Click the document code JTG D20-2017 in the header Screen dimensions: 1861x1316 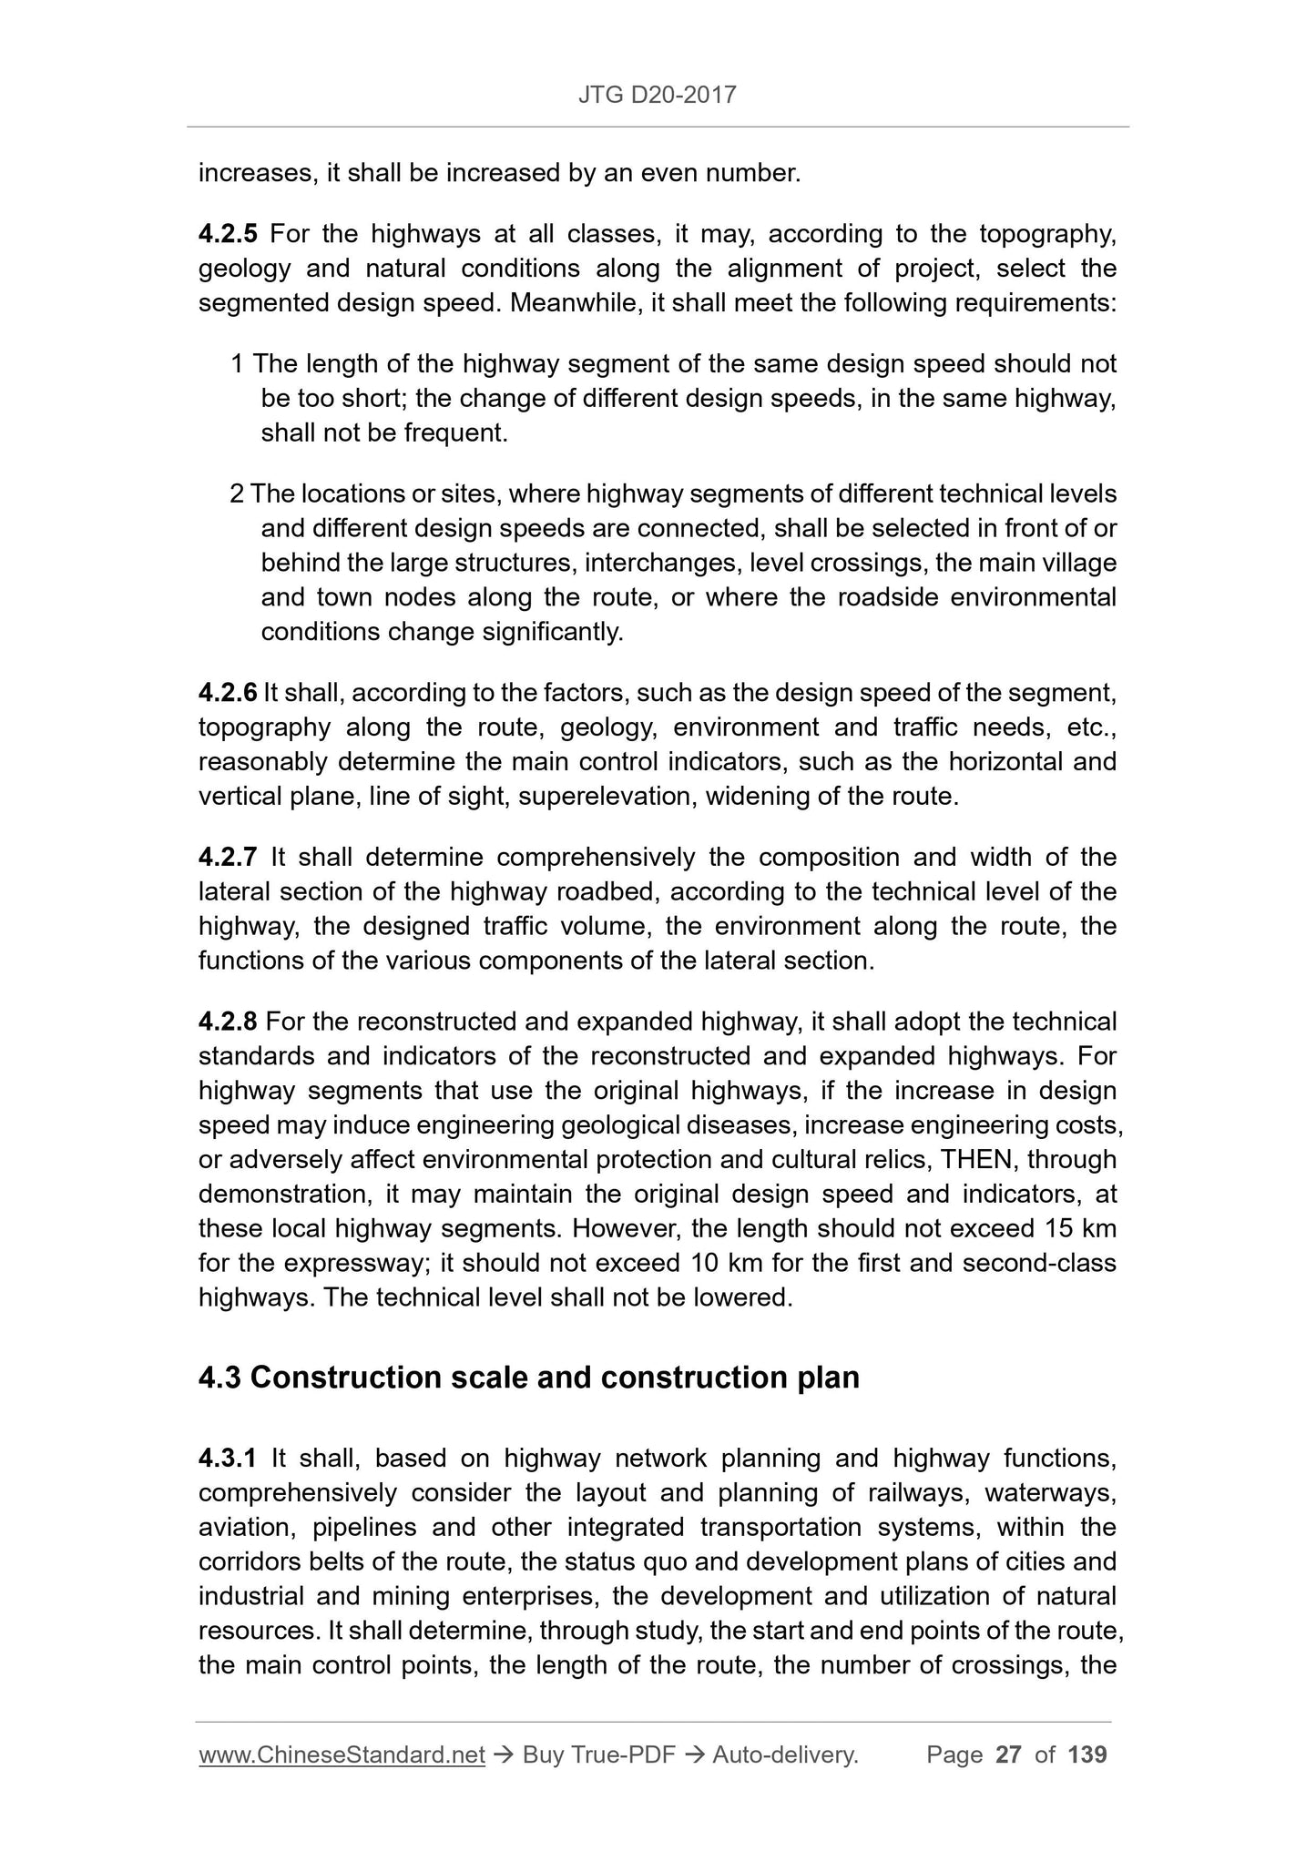click(x=657, y=94)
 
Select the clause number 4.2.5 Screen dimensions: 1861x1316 click(x=228, y=234)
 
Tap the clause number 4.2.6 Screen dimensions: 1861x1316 click(x=228, y=693)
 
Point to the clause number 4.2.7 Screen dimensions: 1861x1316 click(x=228, y=857)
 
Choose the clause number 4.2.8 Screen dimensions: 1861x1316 click(x=228, y=1022)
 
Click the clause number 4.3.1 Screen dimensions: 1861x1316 click(x=228, y=1459)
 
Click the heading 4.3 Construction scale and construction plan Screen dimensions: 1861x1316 click(x=528, y=1378)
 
